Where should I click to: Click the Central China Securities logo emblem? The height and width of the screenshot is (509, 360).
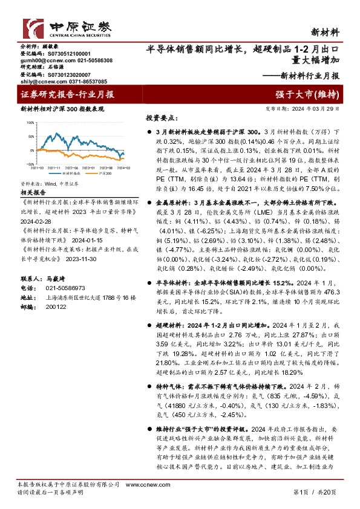click(33, 27)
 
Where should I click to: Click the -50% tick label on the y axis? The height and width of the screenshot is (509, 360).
click(30, 163)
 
